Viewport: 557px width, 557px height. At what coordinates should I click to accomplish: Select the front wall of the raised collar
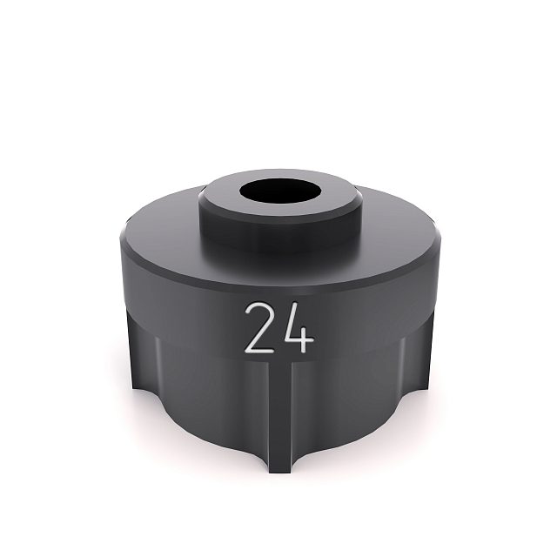[278, 228]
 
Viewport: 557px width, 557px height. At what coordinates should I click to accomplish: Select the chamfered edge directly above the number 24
[278, 292]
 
